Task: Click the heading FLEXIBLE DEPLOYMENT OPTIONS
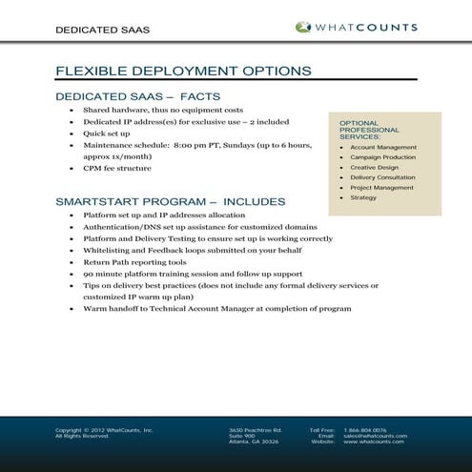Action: coord(183,71)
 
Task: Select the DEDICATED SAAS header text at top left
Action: coord(102,30)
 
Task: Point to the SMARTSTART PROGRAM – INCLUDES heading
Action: coord(171,202)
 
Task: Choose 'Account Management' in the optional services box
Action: coord(383,148)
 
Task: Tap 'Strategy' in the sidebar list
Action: coord(363,197)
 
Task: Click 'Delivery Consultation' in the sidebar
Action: coord(382,177)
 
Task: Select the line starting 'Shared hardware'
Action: coord(163,111)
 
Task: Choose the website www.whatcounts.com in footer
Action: coord(374,441)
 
